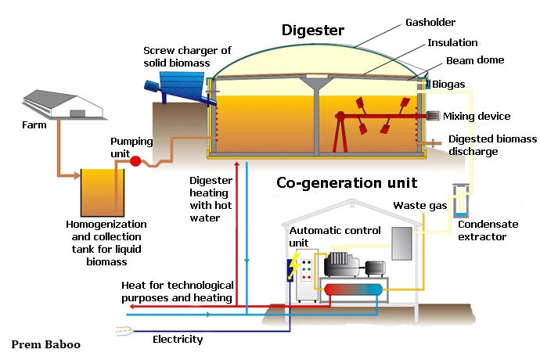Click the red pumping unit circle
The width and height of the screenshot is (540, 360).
tap(135, 161)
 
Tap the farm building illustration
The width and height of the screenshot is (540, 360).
tap(63, 104)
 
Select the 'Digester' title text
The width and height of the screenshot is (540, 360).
tap(313, 31)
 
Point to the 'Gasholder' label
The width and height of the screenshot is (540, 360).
tap(430, 23)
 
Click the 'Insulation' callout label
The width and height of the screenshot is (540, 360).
tap(452, 43)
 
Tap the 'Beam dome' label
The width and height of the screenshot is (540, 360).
tap(475, 60)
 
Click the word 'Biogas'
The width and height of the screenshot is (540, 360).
tap(448, 85)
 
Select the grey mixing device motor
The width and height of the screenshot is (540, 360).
tap(433, 116)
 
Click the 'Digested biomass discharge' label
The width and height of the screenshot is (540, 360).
tap(492, 145)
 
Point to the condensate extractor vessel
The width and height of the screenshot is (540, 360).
tap(460, 200)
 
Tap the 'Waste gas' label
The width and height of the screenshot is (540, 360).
tap(419, 206)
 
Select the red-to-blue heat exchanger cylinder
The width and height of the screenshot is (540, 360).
tap(353, 290)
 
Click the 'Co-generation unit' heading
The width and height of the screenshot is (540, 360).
tap(347, 183)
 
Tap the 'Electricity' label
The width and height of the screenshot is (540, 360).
tap(178, 340)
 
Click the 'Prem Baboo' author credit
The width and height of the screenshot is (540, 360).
tap(46, 344)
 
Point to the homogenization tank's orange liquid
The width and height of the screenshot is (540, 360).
tap(103, 193)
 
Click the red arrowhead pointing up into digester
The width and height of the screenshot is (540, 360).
tap(237, 164)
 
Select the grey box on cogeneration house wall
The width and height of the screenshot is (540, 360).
tap(402, 243)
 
